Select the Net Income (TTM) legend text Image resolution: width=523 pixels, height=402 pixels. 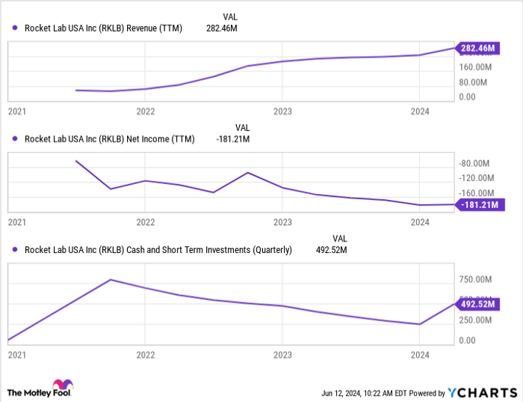[109, 138]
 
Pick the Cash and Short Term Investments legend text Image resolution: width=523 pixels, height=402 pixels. [158, 249]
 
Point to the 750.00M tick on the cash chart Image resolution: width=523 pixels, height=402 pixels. [475, 279]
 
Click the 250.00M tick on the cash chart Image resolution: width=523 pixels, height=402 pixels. [475, 320]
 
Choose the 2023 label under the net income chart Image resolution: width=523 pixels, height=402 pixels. [282, 222]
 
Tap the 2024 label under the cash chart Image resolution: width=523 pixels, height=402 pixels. [420, 355]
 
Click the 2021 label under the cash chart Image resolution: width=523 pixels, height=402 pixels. [16, 355]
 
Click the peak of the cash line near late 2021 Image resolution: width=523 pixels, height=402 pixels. [111, 280]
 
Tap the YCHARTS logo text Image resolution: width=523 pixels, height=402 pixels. [482, 392]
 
